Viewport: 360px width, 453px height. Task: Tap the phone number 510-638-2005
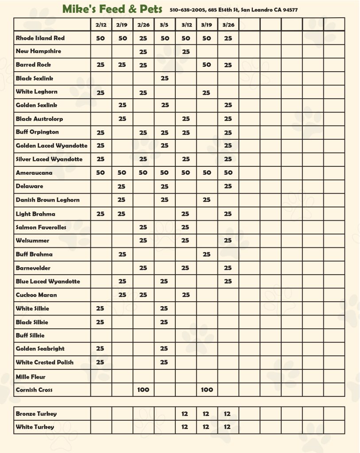(186, 10)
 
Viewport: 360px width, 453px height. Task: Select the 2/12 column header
(101, 25)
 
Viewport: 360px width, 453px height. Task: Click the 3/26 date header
(228, 25)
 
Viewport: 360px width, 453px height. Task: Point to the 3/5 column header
(164, 25)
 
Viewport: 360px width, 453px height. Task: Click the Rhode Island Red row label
(40, 38)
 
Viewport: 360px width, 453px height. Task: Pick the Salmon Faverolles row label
(41, 227)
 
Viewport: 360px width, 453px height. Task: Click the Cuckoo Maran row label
(36, 295)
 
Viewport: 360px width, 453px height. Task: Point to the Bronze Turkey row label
(36, 414)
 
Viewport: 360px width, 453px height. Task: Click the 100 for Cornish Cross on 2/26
(143, 390)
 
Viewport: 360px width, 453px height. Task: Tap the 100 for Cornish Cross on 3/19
(207, 390)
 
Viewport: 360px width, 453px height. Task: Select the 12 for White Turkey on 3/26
(227, 427)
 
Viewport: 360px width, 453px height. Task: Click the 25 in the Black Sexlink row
(164, 78)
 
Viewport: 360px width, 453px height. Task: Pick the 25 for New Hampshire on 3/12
(186, 52)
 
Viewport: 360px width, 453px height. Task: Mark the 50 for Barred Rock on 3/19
(207, 65)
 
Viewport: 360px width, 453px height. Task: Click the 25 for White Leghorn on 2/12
(101, 92)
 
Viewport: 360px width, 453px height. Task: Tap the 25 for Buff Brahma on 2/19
(122, 254)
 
